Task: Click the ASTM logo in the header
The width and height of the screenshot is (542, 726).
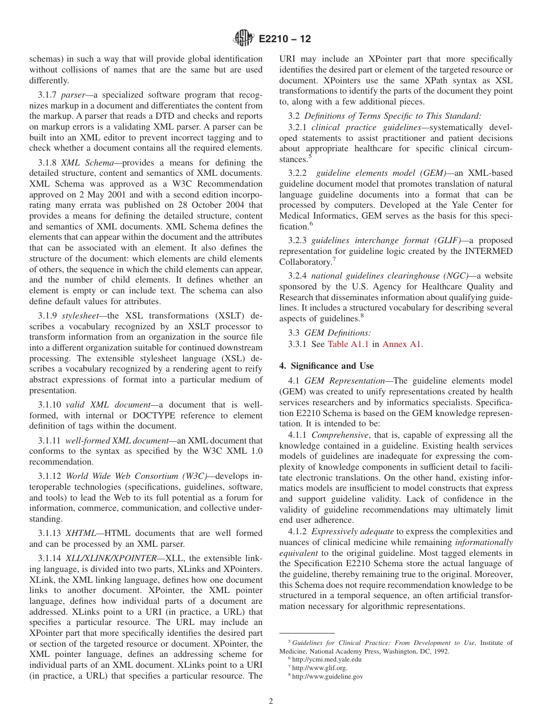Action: click(x=244, y=39)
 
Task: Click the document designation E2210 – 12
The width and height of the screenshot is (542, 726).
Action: click(x=285, y=39)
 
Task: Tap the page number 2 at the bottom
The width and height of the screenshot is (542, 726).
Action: click(x=271, y=701)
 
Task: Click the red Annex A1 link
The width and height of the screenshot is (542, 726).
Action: click(x=402, y=344)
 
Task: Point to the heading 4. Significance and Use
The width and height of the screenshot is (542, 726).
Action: click(x=326, y=365)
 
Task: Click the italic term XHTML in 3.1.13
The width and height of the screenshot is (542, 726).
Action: click(x=80, y=533)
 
